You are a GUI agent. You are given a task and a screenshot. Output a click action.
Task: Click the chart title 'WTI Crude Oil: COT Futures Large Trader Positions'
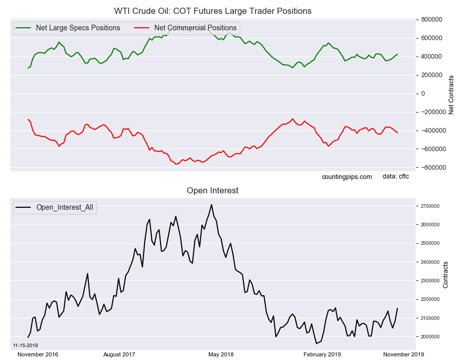pos(212,11)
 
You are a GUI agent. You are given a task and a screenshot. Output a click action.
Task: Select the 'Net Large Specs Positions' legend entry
pos(67,28)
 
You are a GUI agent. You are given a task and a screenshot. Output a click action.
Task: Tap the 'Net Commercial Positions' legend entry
pos(185,28)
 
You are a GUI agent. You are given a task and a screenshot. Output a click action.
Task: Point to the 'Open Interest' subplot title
pos(212,191)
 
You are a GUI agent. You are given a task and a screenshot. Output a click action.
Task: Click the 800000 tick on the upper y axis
pos(431,20)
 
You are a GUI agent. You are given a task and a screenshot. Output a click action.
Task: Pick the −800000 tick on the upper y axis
pos(431,168)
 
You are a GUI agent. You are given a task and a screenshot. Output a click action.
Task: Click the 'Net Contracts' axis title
pos(451,95)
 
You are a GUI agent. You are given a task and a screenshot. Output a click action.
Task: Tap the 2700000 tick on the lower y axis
pos(430,206)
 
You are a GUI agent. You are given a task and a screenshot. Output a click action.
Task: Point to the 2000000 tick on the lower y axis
pos(430,337)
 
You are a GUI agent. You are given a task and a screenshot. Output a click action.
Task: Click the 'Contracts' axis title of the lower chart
pos(446,275)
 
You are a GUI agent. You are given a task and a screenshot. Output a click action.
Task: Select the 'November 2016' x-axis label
pos(38,354)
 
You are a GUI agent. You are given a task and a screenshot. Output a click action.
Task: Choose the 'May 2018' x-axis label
pos(221,354)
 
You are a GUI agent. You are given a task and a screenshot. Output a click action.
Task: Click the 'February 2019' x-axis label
pos(322,354)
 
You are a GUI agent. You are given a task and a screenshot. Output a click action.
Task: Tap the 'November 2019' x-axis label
pos(403,354)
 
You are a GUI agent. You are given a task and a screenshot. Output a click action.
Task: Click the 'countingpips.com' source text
pos(347,177)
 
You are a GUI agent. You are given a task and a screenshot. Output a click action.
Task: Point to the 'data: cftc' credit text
pos(396,176)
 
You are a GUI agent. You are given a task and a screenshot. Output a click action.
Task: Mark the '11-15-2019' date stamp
pos(25,346)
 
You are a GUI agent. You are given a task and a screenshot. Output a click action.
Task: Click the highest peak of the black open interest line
pos(211,205)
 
